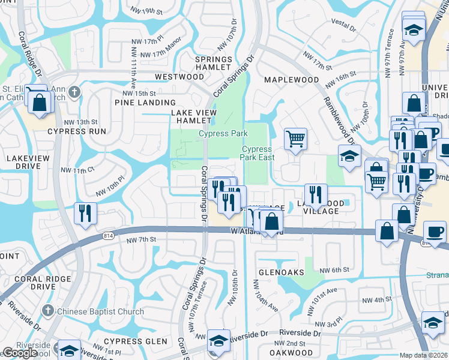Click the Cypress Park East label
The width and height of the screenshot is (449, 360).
(x=258, y=153)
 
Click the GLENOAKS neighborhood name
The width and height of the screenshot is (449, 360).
(x=282, y=272)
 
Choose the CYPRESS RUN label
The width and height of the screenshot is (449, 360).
(x=76, y=131)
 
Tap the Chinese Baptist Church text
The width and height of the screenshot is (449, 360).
(x=100, y=311)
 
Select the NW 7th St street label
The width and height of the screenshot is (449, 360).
(x=142, y=239)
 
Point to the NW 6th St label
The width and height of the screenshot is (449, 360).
(x=334, y=270)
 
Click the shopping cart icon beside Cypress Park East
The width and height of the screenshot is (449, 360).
(x=295, y=139)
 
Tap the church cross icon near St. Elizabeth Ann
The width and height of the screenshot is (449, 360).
(x=74, y=92)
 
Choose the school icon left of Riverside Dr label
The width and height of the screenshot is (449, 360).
(x=219, y=340)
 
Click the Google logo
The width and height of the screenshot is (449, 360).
(x=20, y=353)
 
